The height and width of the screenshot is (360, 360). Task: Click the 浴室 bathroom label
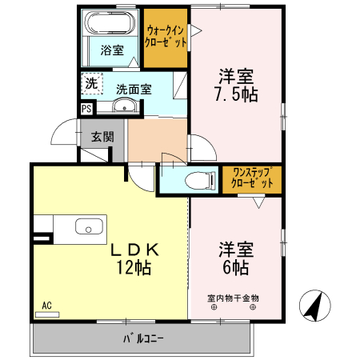(113, 50)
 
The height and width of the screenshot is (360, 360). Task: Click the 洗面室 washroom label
(134, 90)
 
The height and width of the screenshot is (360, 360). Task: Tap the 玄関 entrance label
(102, 136)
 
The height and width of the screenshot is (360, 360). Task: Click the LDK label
(134, 250)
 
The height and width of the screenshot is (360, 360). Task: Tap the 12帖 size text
(134, 269)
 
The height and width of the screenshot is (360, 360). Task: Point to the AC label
(46, 305)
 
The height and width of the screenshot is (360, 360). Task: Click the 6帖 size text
(235, 268)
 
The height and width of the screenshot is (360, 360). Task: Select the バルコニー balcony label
(143, 338)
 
